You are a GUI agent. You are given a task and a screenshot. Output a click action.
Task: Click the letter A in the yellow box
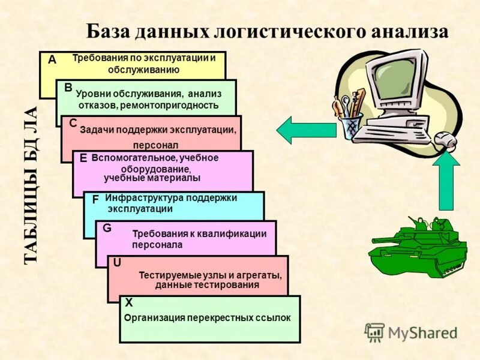pyautogui.click(x=52, y=60)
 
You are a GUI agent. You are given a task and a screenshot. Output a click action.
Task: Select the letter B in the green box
pyautogui.click(x=68, y=88)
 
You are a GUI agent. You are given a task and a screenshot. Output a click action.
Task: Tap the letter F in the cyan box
pyautogui.click(x=95, y=200)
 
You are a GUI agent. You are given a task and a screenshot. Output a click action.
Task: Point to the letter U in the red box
pyautogui.click(x=117, y=262)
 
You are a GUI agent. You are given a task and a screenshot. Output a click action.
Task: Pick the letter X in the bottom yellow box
pyautogui.click(x=129, y=303)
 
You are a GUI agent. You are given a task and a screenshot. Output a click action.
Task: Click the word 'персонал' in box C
pyautogui.click(x=155, y=145)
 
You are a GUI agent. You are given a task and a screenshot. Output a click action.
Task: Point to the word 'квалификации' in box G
pyautogui.click(x=235, y=234)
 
